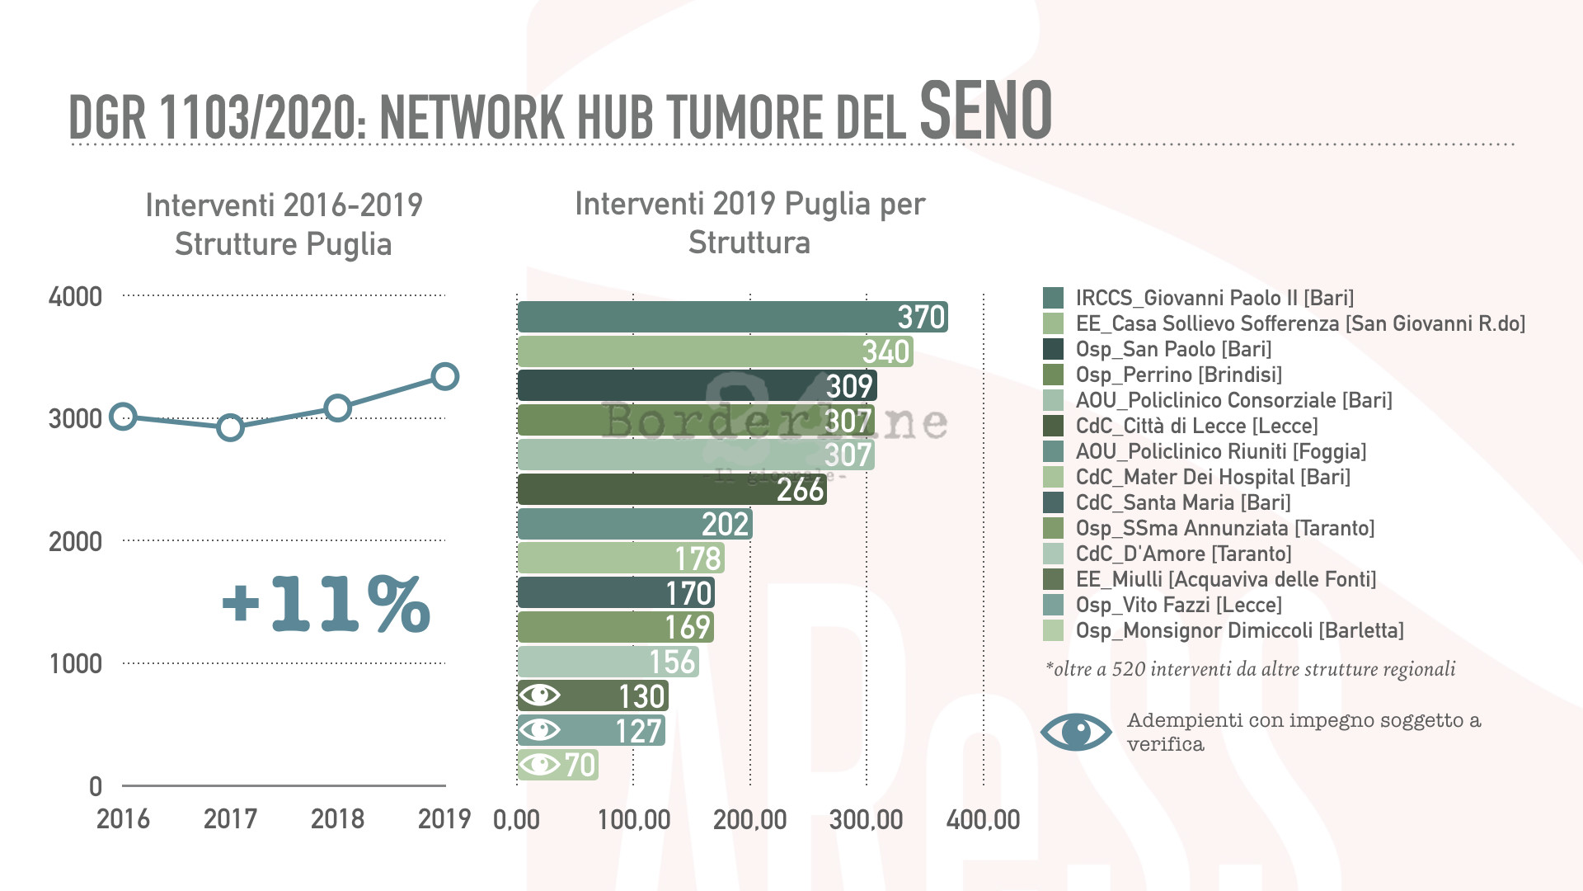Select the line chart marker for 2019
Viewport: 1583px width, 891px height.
point(445,376)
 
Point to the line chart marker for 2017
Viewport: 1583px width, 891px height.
point(230,427)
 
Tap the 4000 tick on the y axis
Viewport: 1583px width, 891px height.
point(75,297)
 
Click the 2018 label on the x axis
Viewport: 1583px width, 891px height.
point(337,819)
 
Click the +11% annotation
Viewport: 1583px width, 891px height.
point(326,604)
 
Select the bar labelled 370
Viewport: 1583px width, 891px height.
point(732,317)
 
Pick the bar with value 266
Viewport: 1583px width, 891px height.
point(671,489)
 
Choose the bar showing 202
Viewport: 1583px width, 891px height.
point(634,524)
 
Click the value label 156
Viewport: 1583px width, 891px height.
point(673,662)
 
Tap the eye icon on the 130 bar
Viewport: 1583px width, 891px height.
point(540,695)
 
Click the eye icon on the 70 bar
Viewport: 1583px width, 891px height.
point(540,765)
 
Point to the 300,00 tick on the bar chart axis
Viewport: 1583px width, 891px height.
point(866,820)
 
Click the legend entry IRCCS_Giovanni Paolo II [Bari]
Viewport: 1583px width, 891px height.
point(1214,298)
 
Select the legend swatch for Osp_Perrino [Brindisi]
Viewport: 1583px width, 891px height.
point(1053,375)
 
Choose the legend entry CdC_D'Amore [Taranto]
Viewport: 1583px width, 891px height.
point(1183,554)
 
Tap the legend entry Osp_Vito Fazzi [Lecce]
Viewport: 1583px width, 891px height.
point(1178,605)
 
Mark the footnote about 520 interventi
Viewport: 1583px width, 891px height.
point(1250,669)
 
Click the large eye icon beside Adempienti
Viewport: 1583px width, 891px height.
point(1076,732)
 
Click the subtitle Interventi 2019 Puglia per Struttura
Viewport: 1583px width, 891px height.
point(749,223)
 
